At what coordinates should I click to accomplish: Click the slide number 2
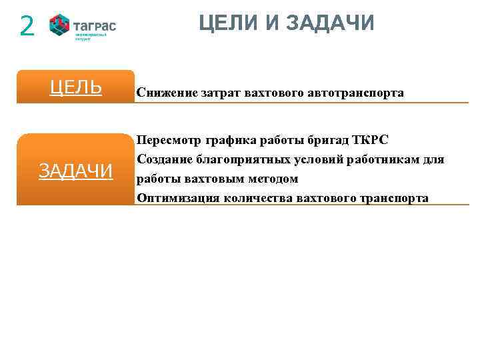[27, 26]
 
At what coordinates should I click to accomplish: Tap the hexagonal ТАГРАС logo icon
[60, 26]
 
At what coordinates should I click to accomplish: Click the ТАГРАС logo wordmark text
[95, 26]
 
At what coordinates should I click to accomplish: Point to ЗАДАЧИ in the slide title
[330, 23]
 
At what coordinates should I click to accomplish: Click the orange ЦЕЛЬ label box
[75, 87]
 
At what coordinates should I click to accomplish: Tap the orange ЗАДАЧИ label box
[75, 171]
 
